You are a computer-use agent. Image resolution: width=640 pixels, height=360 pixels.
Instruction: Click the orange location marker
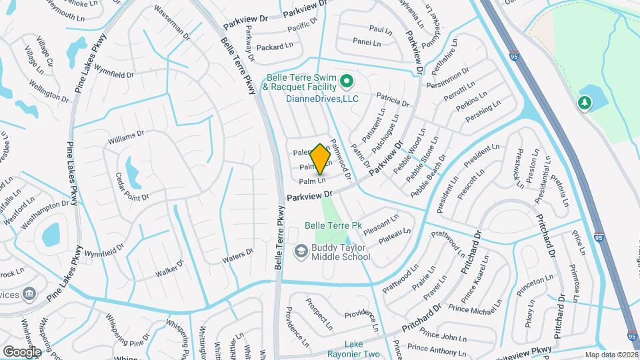pyautogui.click(x=320, y=159)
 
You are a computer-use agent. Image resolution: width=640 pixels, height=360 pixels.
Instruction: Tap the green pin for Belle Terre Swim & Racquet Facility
pyautogui.click(x=346, y=83)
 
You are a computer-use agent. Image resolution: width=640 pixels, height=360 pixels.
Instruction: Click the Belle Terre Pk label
pyautogui.click(x=333, y=225)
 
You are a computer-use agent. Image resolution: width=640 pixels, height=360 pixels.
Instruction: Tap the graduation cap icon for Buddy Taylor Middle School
pyautogui.click(x=301, y=251)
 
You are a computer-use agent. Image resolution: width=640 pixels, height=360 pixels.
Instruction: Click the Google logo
pyautogui.click(x=21, y=351)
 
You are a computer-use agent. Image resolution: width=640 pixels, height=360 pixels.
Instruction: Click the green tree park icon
pyautogui.click(x=585, y=103)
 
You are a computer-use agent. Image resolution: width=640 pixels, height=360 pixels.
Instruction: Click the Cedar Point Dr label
pyautogui.click(x=130, y=188)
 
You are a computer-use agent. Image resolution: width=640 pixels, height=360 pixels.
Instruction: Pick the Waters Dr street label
pyautogui.click(x=239, y=255)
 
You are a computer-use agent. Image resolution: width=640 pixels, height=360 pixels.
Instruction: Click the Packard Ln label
pyautogui.click(x=275, y=47)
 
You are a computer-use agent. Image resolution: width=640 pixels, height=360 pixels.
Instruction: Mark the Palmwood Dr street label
pyautogui.click(x=341, y=164)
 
